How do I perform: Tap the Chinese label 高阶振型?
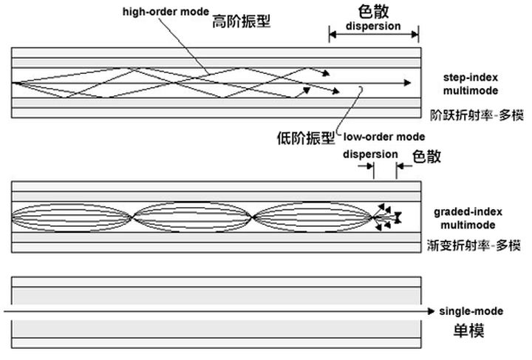[x=241, y=21]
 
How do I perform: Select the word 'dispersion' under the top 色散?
[x=373, y=26]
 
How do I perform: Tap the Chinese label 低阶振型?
[x=304, y=137]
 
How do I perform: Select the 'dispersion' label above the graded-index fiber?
[x=371, y=154]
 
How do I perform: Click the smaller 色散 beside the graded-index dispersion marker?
[x=426, y=156]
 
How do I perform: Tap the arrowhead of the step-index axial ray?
[x=409, y=83]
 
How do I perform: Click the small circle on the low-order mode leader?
[x=361, y=89]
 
